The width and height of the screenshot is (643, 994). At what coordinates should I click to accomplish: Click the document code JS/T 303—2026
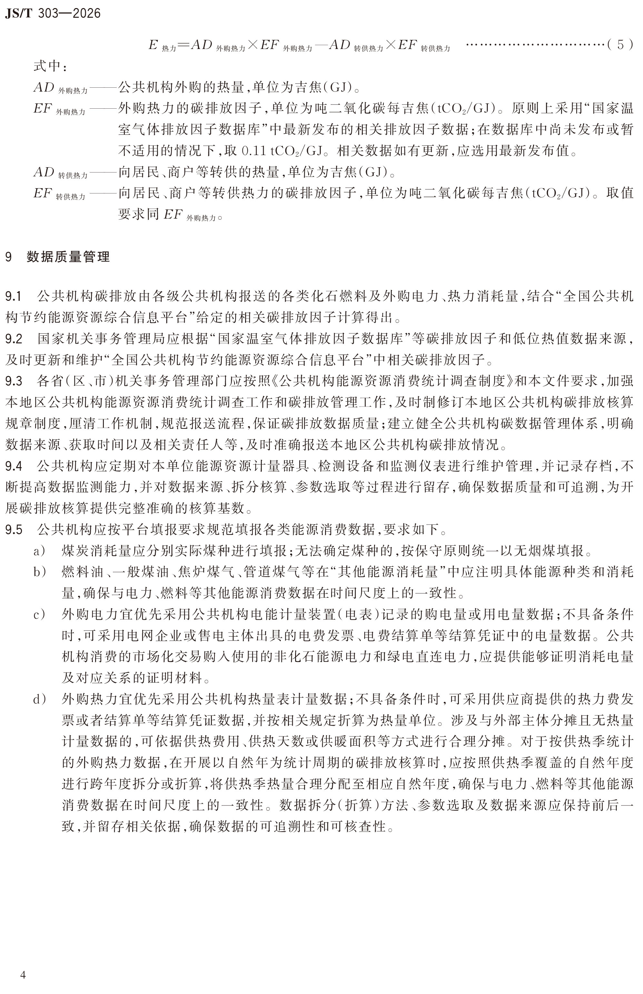click(53, 13)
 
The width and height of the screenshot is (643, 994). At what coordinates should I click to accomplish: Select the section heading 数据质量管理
click(68, 257)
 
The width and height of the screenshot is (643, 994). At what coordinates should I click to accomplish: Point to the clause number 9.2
click(14, 339)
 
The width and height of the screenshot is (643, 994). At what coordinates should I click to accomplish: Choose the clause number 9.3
click(14, 381)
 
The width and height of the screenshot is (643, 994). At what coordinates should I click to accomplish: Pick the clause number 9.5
click(14, 530)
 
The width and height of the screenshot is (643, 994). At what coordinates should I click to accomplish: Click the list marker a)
click(39, 551)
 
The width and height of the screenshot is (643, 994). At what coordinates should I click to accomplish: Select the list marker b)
click(39, 572)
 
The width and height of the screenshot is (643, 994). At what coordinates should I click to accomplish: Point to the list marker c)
click(39, 615)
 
